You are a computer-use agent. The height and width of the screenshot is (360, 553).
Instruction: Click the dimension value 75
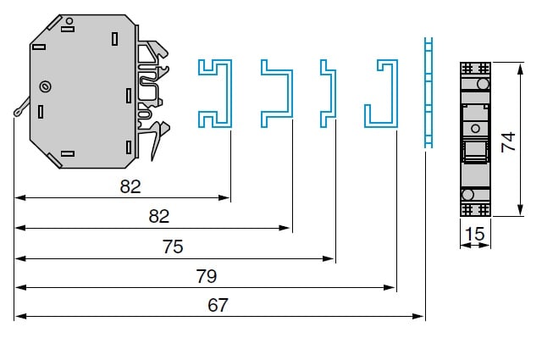pos(172,247)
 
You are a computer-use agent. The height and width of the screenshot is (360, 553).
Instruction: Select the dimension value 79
pos(206,276)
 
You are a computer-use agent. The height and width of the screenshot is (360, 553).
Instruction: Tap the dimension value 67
pos(218,306)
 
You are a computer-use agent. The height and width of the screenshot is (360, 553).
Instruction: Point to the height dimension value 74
pos(508,140)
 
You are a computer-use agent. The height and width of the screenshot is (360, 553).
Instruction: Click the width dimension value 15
pos(474,232)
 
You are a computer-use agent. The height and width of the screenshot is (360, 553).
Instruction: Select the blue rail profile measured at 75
pos(325,93)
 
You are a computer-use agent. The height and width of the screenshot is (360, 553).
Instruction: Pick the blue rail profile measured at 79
pos(383,93)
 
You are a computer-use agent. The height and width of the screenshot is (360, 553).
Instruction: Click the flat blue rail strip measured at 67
pos(428,93)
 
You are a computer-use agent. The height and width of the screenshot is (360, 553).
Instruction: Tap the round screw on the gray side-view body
pos(46,86)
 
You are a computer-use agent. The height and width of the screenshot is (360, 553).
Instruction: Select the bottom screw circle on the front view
pos(467,196)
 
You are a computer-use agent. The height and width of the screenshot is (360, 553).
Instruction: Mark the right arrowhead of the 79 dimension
pos(391,288)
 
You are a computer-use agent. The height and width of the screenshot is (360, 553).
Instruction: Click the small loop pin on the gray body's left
pos(19,113)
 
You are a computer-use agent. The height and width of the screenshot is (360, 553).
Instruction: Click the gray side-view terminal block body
pos(80,93)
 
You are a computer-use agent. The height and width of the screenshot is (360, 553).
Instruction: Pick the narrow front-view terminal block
pos(474,140)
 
